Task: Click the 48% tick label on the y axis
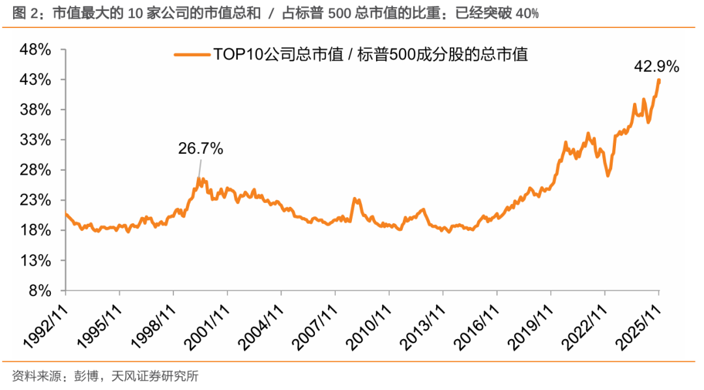(x=37, y=50)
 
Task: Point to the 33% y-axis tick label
(x=37, y=140)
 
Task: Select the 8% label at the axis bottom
(x=40, y=291)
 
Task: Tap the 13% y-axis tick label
(x=37, y=261)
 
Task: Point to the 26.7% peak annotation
(x=201, y=149)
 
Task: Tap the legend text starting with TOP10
(x=370, y=55)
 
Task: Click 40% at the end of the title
(x=527, y=14)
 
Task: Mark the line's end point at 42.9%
(x=659, y=80)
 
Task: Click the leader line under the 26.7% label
(x=198, y=168)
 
